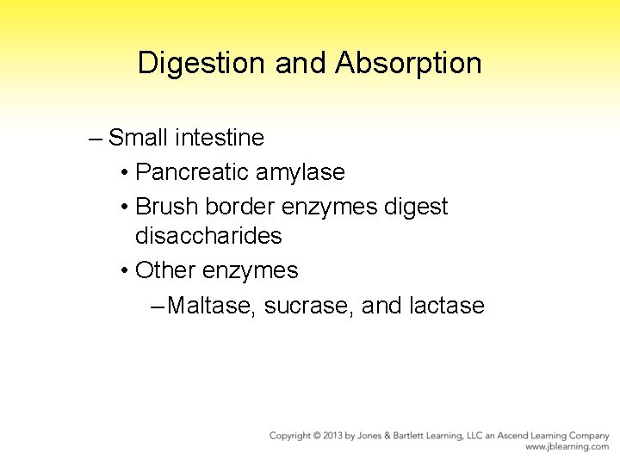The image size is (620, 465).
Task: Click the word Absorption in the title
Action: point(408,63)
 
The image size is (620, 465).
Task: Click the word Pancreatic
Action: point(194,172)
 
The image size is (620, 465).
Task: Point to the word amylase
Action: point(301,172)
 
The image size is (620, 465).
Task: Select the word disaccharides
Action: point(208,235)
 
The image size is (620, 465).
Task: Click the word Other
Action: point(166,270)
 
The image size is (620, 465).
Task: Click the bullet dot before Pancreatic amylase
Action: point(126,173)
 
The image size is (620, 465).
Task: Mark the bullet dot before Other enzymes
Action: point(126,271)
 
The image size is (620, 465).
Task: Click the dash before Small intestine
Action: point(95,138)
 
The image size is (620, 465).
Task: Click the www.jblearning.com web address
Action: point(567,448)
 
